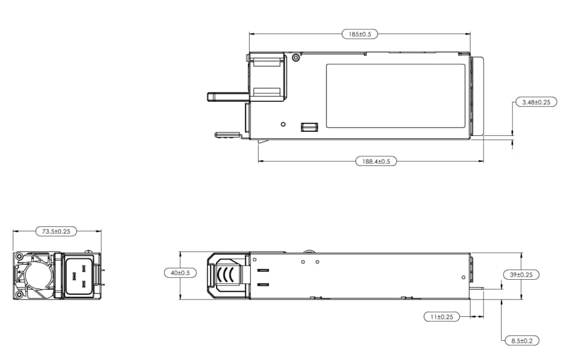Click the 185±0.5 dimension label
click(x=360, y=34)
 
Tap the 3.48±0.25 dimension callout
click(x=536, y=102)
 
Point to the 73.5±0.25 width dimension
click(x=56, y=231)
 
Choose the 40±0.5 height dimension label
click(x=180, y=273)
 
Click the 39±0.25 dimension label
click(x=521, y=274)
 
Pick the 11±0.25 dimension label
click(x=441, y=316)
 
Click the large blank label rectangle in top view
click(x=396, y=96)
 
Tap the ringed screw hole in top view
click(x=296, y=58)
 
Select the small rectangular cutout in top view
click(x=308, y=126)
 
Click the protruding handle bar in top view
click(x=227, y=96)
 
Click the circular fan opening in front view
click(x=34, y=276)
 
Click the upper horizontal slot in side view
click(x=263, y=271)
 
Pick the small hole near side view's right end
click(x=464, y=277)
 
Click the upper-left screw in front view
click(x=20, y=258)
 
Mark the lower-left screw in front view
click(x=20, y=294)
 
